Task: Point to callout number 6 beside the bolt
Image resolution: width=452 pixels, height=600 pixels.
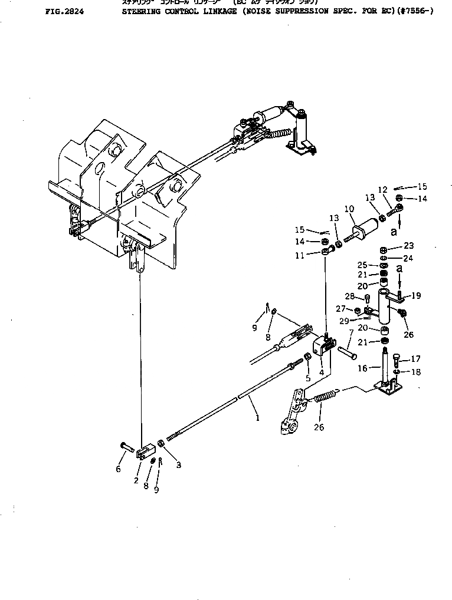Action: [x=118, y=469]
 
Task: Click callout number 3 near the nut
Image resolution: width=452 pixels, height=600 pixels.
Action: [x=178, y=465]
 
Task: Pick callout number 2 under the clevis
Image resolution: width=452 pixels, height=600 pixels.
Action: [x=136, y=480]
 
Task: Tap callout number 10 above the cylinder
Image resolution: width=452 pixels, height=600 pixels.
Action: [x=349, y=209]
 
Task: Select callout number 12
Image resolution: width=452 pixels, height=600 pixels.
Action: [x=383, y=189]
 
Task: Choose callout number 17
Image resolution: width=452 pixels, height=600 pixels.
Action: [x=415, y=358]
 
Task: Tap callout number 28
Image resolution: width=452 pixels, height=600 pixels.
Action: [x=366, y=296]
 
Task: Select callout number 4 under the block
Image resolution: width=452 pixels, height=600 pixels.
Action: [x=321, y=372]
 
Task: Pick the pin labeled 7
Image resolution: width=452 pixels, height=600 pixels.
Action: [x=347, y=354]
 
